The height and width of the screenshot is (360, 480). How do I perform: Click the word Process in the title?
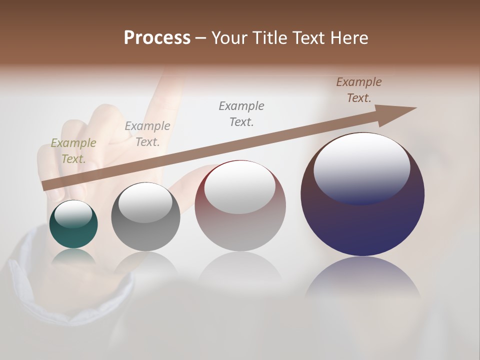157,38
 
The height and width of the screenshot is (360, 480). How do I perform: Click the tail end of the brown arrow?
46,185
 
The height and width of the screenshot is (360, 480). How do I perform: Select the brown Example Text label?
359,90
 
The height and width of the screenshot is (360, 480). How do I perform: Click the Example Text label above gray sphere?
147,134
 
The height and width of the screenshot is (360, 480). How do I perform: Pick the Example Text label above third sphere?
241,113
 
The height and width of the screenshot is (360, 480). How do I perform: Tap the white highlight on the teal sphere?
73,214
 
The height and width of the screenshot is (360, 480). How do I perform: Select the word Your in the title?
228,38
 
